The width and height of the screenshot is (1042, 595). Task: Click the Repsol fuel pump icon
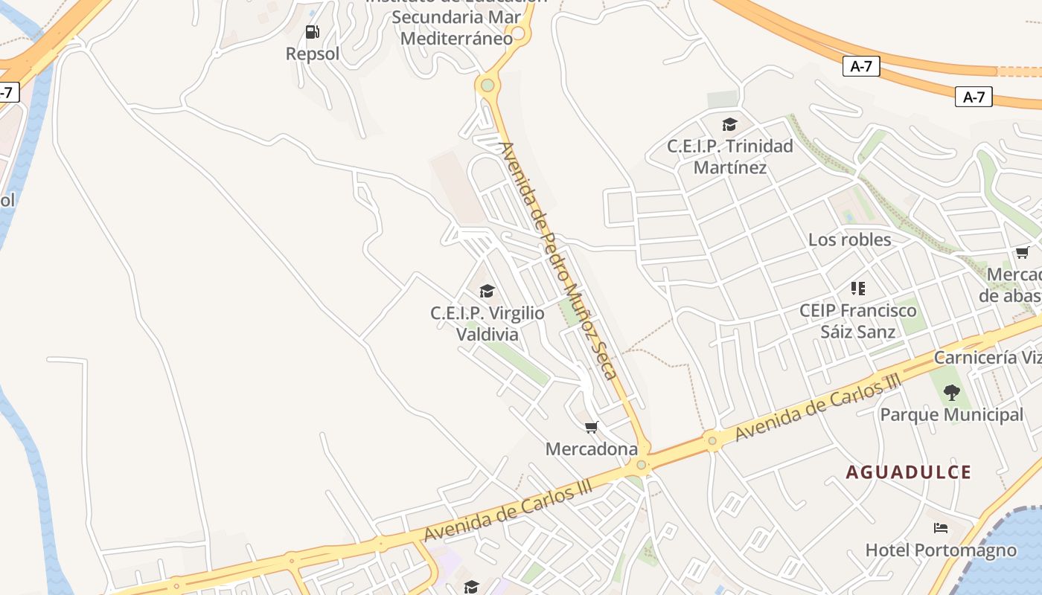(312, 32)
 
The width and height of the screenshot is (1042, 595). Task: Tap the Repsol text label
(313, 54)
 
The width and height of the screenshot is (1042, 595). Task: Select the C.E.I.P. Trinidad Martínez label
(729, 156)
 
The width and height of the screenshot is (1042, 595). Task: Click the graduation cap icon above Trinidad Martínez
(729, 124)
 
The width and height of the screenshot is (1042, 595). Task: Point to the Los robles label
(849, 239)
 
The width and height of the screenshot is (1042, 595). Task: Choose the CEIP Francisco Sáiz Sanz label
(857, 321)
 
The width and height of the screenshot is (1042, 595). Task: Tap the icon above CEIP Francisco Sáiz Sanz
(858, 288)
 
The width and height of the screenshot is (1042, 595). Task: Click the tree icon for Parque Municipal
(951, 392)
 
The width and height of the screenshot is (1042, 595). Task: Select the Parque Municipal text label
(952, 414)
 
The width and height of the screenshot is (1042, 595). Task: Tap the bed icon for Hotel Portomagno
(941, 528)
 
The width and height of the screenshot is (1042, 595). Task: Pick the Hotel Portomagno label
(941, 550)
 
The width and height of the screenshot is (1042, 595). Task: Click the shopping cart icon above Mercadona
(592, 427)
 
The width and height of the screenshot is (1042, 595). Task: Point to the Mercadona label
(592, 449)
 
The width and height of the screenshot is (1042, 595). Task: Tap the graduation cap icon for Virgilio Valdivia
(487, 290)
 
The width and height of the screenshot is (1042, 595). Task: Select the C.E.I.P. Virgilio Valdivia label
(487, 324)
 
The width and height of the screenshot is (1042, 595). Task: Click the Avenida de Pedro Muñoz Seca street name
(560, 260)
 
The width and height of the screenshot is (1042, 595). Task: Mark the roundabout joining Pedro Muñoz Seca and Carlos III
(641, 465)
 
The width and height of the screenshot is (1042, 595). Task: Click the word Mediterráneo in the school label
(456, 38)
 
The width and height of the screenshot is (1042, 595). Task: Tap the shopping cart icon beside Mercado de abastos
(1023, 253)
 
